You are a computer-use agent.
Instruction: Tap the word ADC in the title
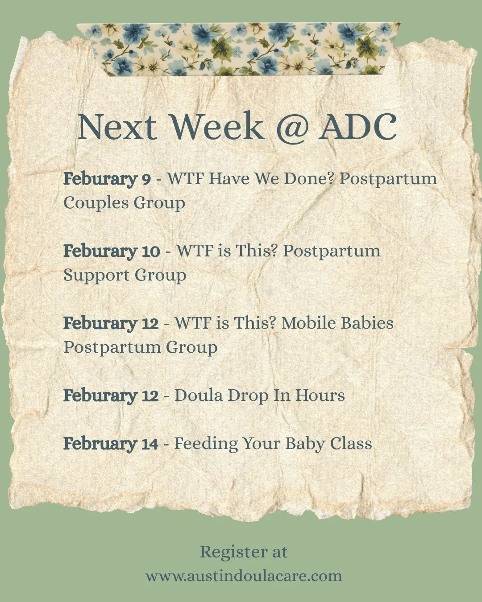pyautogui.click(x=357, y=127)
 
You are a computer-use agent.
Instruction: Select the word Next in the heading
pyautogui.click(x=117, y=127)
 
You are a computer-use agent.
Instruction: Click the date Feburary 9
pyautogui.click(x=107, y=179)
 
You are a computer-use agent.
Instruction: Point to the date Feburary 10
pyautogui.click(x=112, y=251)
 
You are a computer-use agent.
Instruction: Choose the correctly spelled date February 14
pyautogui.click(x=111, y=444)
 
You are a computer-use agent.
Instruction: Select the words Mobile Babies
pyautogui.click(x=337, y=323)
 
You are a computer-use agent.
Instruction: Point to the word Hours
pyautogui.click(x=320, y=396)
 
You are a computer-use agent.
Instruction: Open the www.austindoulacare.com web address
pyautogui.click(x=244, y=576)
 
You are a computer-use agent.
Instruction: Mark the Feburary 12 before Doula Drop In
pyautogui.click(x=111, y=396)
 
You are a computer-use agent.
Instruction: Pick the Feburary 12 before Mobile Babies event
pyautogui.click(x=111, y=323)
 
